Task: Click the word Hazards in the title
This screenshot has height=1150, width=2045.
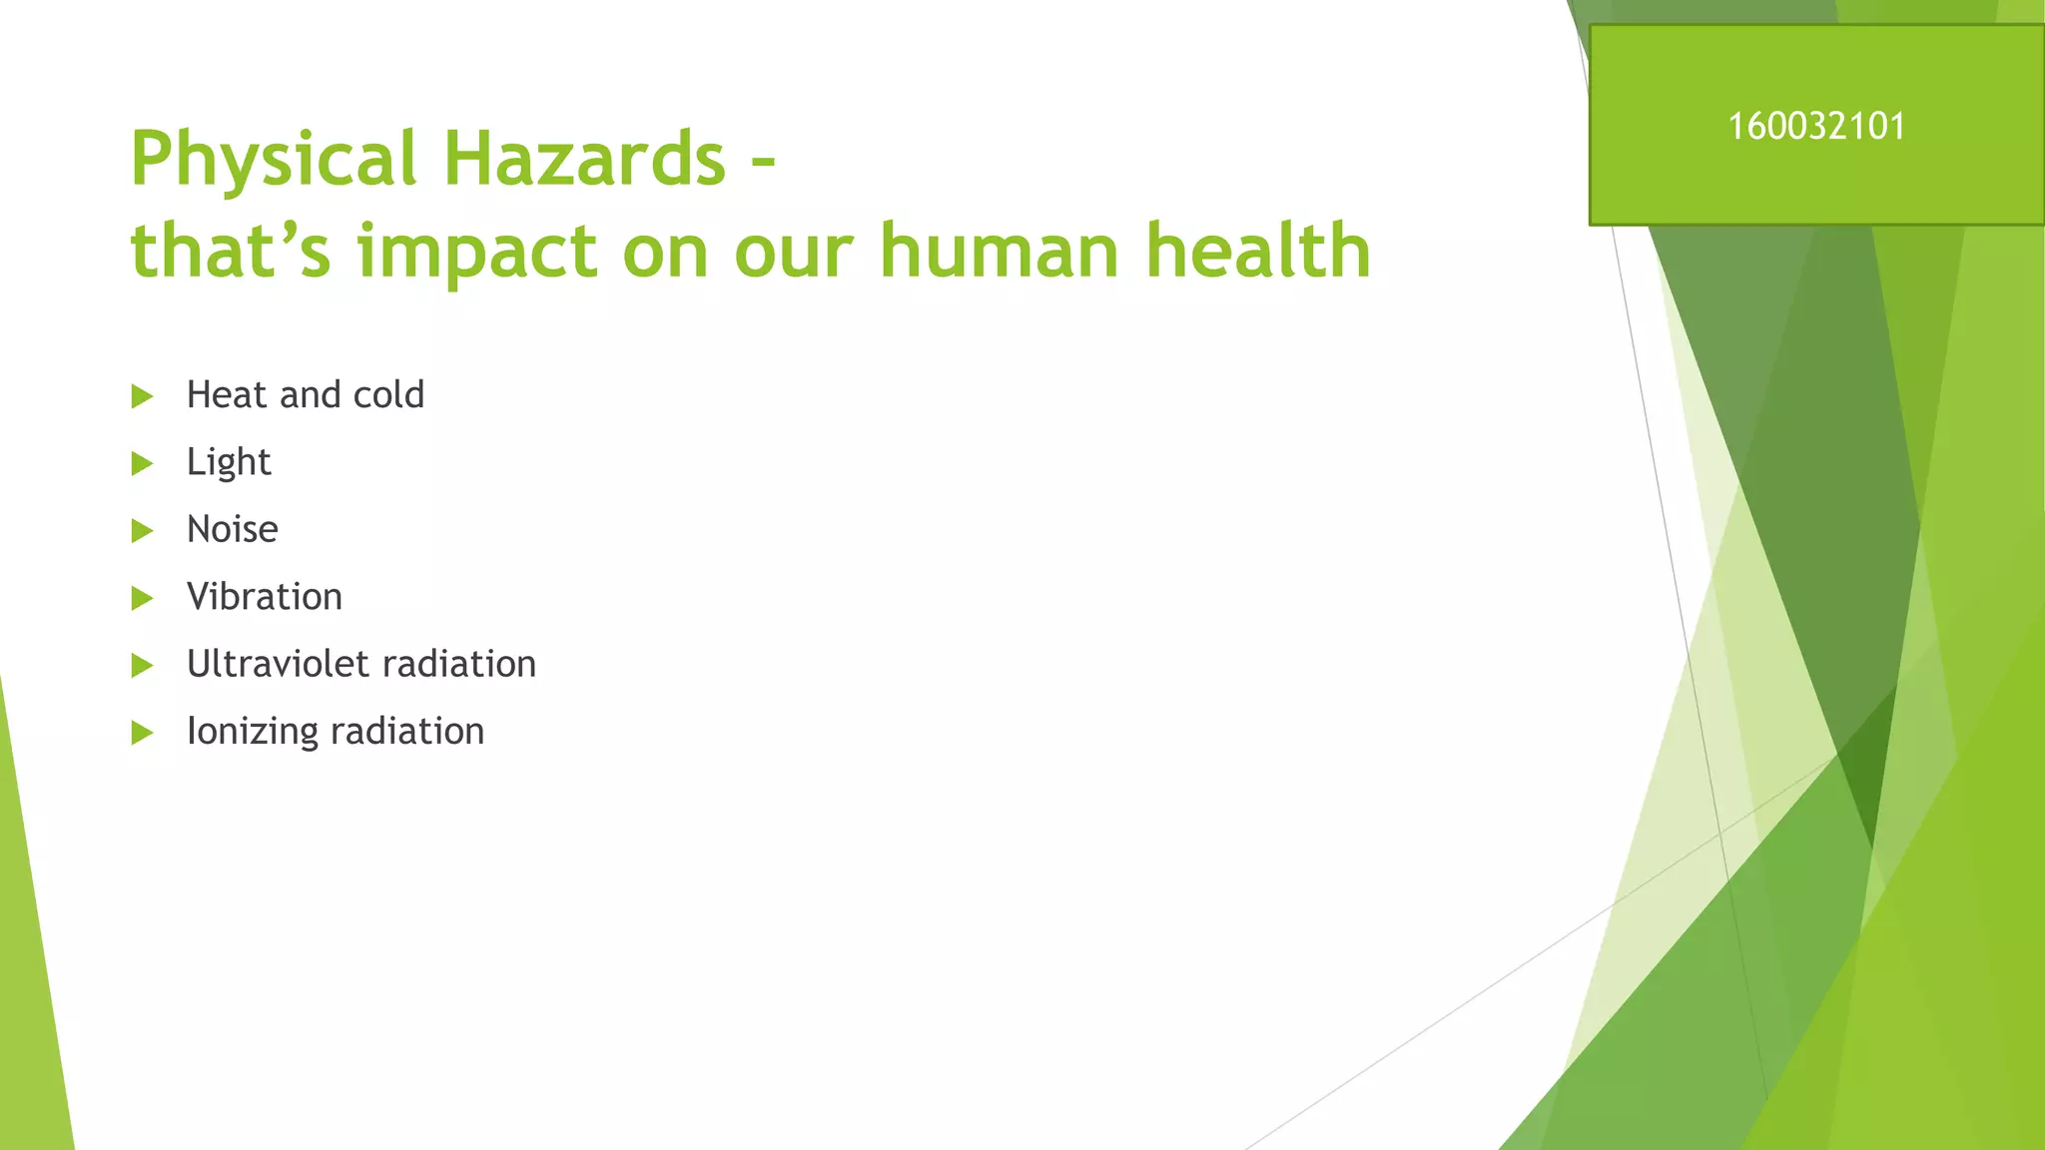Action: (584, 160)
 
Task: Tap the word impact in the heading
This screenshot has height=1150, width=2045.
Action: (477, 252)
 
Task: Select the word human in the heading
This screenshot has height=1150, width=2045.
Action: (1000, 252)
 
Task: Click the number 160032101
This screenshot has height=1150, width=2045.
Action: (1816, 127)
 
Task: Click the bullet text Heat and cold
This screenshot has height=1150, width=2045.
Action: (306, 395)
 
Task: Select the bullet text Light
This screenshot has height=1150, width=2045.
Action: (229, 462)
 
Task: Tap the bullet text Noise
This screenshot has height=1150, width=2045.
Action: (233, 529)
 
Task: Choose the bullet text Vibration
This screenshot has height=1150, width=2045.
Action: (265, 597)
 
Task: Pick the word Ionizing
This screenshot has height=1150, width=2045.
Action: (253, 732)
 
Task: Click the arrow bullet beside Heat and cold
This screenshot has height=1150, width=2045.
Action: (142, 396)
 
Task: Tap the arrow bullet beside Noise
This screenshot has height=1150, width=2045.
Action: (142, 531)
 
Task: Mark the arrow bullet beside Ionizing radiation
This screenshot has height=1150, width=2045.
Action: (142, 733)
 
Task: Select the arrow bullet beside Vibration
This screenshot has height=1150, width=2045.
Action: (142, 598)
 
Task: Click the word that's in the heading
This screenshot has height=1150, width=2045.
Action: (230, 252)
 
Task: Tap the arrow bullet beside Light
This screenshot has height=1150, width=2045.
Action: (142, 463)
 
